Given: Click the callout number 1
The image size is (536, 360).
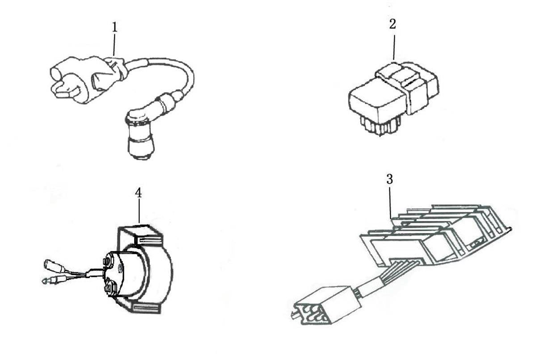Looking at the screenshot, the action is click(115, 27).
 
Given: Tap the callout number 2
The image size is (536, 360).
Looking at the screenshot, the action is click(393, 24).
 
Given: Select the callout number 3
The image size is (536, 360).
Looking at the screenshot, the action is click(390, 179).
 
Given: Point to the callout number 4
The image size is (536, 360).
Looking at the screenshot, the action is click(138, 193).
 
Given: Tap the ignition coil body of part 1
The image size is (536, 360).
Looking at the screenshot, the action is click(87, 79).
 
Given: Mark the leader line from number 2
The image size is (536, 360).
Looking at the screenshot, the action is click(393, 46).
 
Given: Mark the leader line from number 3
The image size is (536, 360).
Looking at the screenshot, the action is click(390, 203).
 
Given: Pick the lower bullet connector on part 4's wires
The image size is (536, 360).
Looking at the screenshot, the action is click(51, 280).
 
